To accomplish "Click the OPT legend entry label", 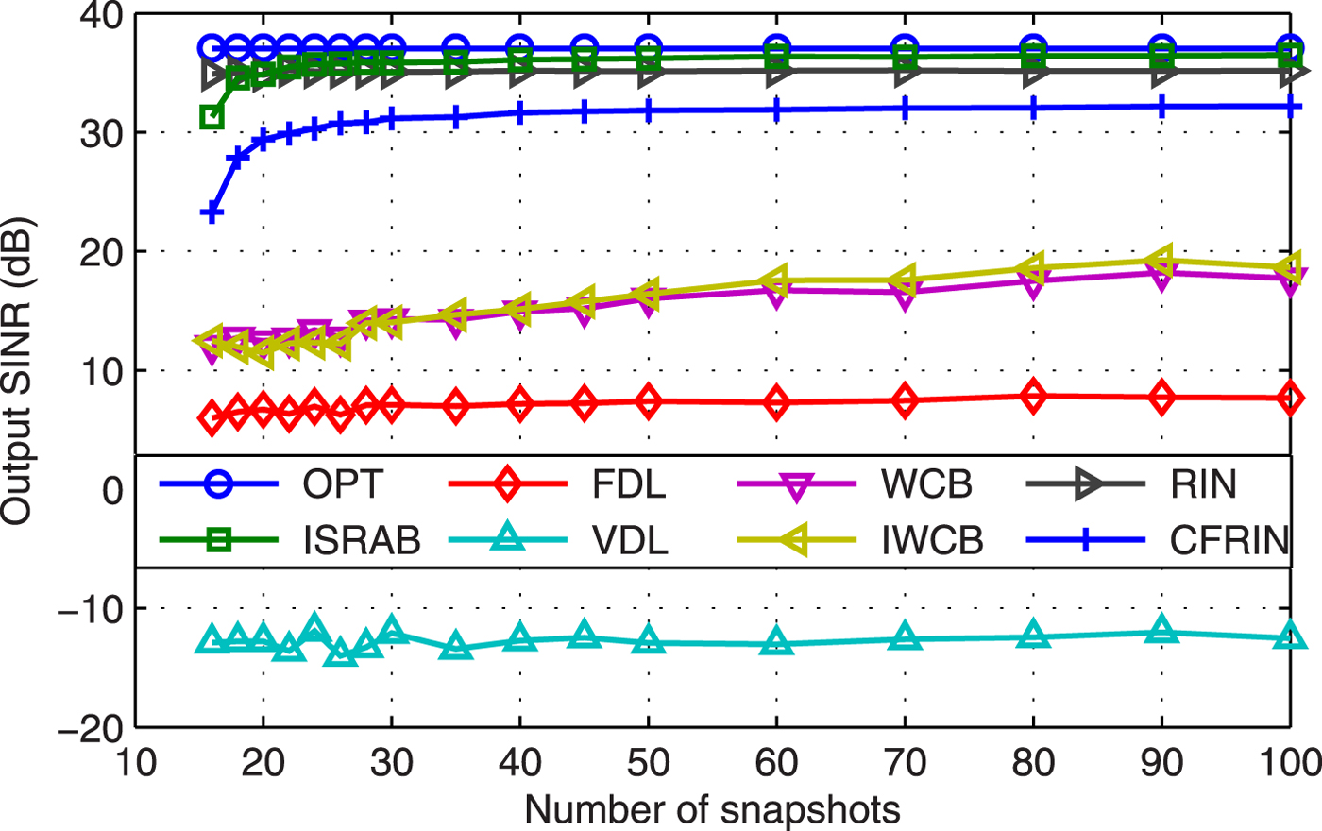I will (x=342, y=484).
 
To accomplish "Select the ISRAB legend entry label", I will (x=362, y=540).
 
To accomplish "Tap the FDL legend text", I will (x=629, y=484).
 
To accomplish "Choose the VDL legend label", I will (x=630, y=540).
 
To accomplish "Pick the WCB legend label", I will (x=926, y=484).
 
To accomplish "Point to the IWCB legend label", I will (x=932, y=540).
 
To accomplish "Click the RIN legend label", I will (x=1202, y=484).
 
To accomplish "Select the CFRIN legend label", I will (x=1229, y=540).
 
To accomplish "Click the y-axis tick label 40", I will (x=101, y=17).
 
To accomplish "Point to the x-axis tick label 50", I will (x=648, y=763).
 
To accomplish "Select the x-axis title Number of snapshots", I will (x=712, y=810).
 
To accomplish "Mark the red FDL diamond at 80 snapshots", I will (x=1034, y=397).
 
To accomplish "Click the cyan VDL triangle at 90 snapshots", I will (x=1161, y=632).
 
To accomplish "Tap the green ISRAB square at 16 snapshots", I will (x=212, y=117).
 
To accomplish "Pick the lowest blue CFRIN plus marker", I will (x=212, y=213).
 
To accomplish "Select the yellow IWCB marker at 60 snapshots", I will (x=776, y=280).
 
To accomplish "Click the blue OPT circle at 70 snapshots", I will (x=905, y=48).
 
